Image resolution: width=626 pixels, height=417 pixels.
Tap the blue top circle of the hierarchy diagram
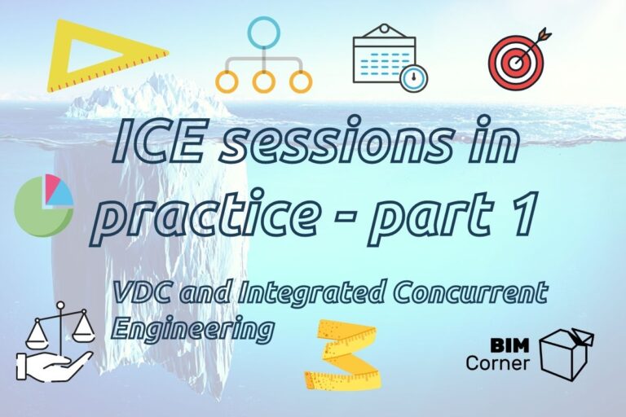263,35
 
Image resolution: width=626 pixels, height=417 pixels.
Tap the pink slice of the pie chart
55,188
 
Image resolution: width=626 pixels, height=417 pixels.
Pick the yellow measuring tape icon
342,354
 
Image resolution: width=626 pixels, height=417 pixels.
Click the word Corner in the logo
498,363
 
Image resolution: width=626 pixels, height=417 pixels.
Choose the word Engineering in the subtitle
191,327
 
